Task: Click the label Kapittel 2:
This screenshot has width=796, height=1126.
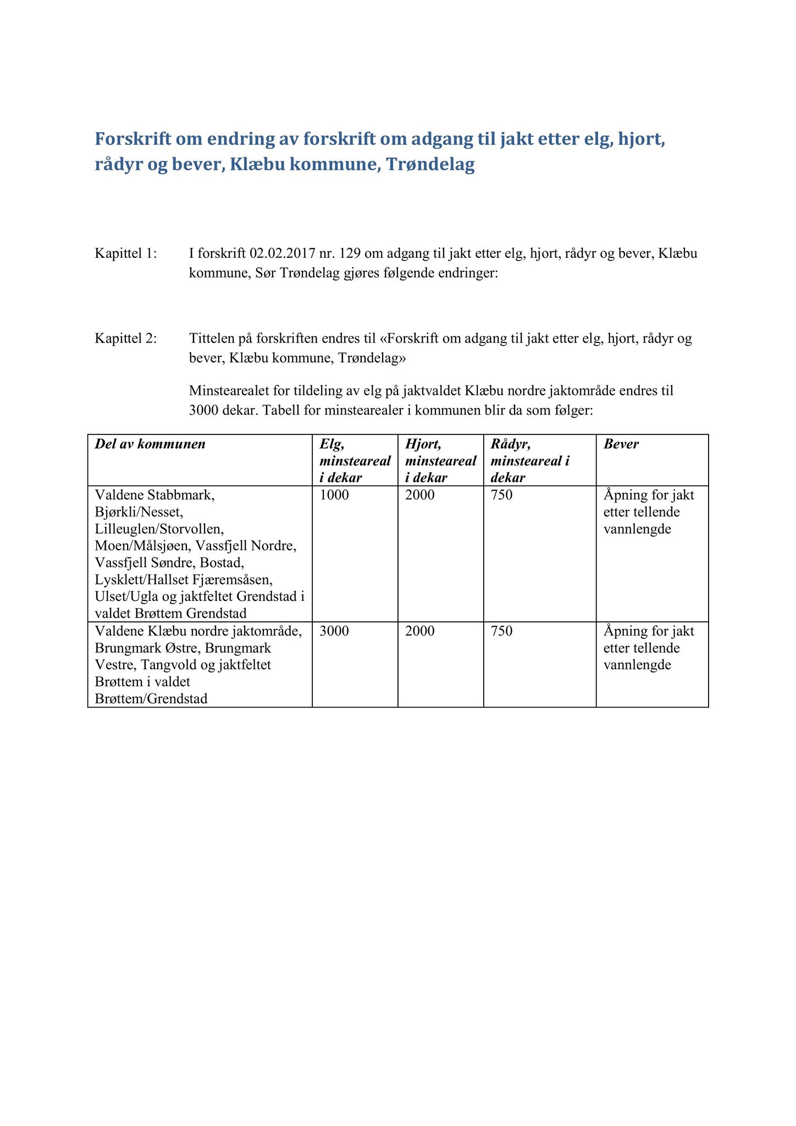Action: pyautogui.click(x=125, y=338)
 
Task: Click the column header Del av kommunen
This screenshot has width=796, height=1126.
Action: pyautogui.click(x=150, y=444)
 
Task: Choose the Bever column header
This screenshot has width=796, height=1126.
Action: pyautogui.click(x=621, y=444)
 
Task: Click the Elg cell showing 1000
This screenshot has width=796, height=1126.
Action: pyautogui.click(x=334, y=495)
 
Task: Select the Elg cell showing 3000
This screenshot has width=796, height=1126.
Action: pyautogui.click(x=334, y=631)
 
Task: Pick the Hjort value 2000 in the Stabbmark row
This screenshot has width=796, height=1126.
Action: pyautogui.click(x=419, y=495)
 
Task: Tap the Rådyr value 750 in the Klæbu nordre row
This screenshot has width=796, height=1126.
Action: pyautogui.click(x=502, y=631)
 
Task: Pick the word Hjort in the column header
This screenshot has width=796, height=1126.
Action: pyautogui.click(x=423, y=444)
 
